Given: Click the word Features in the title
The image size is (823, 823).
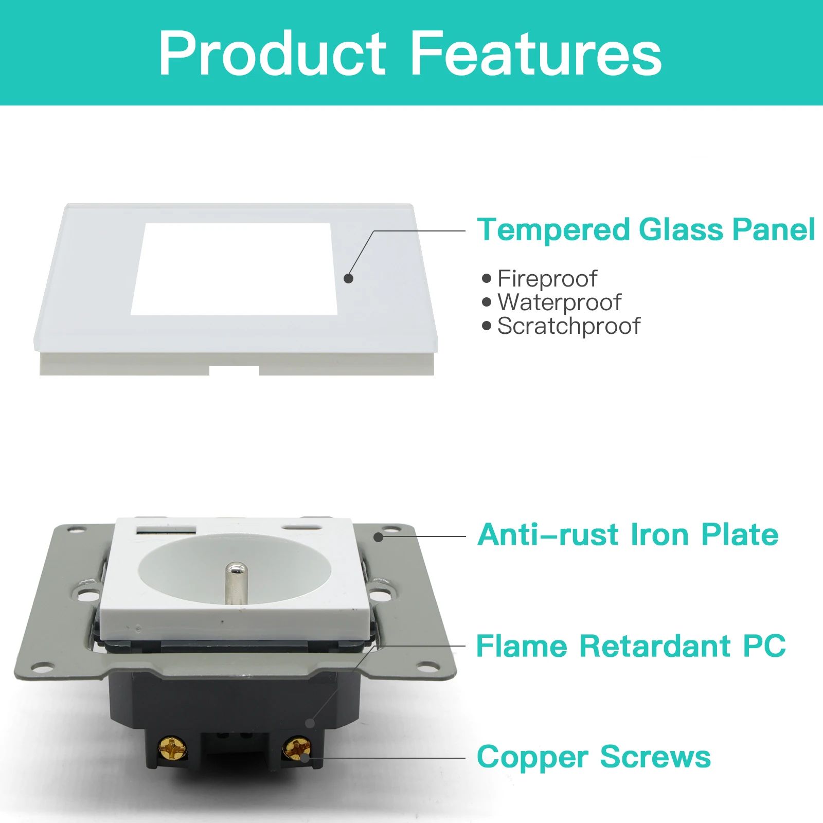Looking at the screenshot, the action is (536, 53).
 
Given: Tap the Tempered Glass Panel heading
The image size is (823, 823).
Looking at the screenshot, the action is (646, 229).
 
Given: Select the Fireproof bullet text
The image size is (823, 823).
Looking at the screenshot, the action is (547, 279).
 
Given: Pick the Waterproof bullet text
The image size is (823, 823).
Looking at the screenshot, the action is (560, 303).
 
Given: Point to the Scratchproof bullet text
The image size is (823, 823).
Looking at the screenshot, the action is (569, 327).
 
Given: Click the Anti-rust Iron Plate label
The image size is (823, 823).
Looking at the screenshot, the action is (628, 534).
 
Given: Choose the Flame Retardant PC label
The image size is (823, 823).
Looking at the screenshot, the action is (631, 646).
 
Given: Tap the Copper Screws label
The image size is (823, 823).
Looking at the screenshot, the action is (594, 757).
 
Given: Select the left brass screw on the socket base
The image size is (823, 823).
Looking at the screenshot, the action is (172, 749).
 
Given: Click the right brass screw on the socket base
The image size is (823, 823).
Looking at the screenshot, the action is (298, 748).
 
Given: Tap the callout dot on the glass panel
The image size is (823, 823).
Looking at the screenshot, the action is (348, 278).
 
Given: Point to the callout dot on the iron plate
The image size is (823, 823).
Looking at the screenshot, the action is (378, 537).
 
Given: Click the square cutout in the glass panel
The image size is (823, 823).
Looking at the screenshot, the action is (234, 269).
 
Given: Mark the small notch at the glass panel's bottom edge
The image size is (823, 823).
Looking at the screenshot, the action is (234, 370).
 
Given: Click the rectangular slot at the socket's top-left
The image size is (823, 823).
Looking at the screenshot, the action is (166, 530).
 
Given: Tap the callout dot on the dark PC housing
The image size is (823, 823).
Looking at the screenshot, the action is (310, 723).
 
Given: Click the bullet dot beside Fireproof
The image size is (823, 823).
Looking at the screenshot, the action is (487, 278).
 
